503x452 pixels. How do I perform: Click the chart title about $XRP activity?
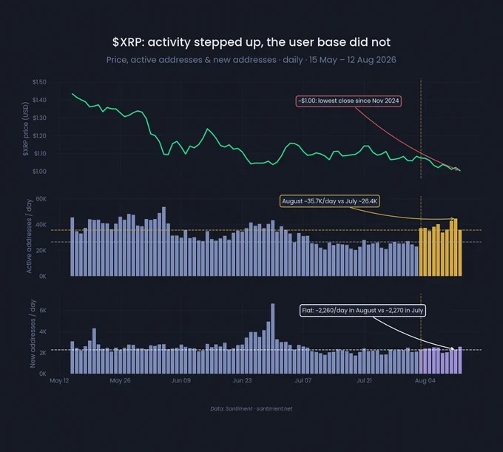[251, 42]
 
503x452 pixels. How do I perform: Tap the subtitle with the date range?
[251, 60]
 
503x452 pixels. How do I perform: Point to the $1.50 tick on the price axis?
[39, 82]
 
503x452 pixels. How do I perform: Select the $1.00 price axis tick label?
[39, 172]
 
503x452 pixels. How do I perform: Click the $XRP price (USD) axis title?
[26, 129]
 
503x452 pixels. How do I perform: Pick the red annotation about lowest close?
[348, 101]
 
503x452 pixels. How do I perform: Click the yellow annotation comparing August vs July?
[330, 201]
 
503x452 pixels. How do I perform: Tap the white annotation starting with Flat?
[362, 311]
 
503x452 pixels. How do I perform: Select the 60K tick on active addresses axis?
[41, 199]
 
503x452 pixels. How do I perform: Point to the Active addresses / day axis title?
[29, 237]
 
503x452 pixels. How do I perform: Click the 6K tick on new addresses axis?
[43, 311]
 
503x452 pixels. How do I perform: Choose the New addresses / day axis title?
[33, 334]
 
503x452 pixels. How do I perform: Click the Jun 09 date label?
[181, 380]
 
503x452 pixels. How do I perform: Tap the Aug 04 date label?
[425, 380]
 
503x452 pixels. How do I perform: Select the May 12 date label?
[59, 380]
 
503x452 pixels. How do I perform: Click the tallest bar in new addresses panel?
[273, 338]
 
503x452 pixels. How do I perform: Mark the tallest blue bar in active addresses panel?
[164, 242]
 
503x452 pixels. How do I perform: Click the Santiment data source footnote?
[251, 408]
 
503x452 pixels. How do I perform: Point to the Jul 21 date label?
[364, 380]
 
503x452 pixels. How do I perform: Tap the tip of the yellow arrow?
[454, 219]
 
